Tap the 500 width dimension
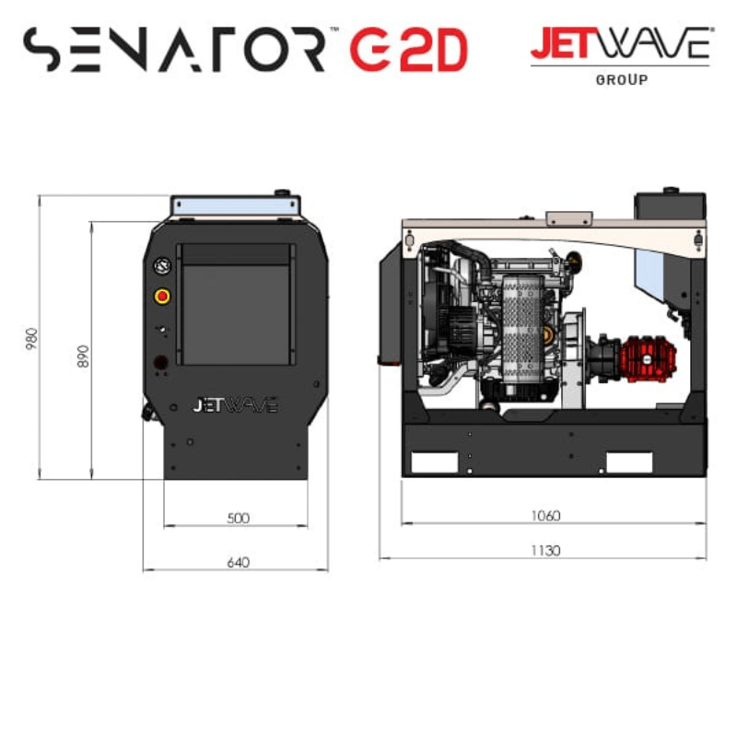(238, 518)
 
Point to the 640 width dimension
(238, 562)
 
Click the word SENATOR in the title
(175, 50)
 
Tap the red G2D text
(407, 51)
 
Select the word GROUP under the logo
(621, 80)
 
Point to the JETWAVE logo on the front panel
(234, 405)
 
